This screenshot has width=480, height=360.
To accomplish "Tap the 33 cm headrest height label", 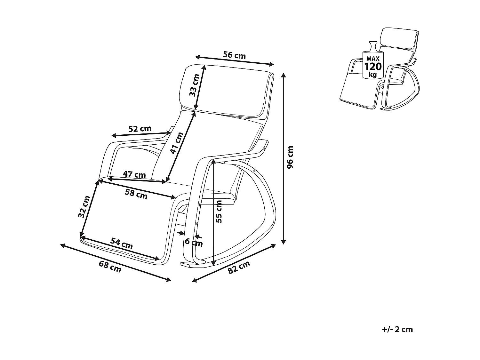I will tap(194, 85).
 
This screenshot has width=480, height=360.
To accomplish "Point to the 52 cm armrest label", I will tap(140, 129).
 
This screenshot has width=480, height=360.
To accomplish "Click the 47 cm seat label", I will tap(134, 175).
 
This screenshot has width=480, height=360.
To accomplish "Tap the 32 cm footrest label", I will tap(84, 207).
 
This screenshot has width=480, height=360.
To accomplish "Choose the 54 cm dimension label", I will tap(122, 244).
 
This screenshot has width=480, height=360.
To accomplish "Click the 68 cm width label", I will tap(110, 267).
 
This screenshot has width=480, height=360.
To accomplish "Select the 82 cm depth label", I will tap(238, 267).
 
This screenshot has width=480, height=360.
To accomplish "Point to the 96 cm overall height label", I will tap(290, 157).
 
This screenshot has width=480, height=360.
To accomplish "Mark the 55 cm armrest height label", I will tap(219, 212).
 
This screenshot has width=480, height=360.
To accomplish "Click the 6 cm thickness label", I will tap(194, 242).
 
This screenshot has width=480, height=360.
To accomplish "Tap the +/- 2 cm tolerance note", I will tap(397, 329).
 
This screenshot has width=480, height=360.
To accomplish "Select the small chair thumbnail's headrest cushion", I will tap(400, 39).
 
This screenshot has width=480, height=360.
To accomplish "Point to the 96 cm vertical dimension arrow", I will tap(283, 158).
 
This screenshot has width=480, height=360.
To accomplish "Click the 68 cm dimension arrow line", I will tap(116, 262).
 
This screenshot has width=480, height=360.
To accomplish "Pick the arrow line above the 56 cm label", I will tap(235, 60).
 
